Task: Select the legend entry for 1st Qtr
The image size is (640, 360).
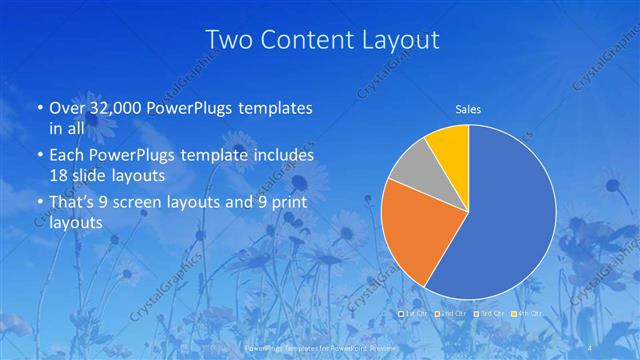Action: pyautogui.click(x=415, y=314)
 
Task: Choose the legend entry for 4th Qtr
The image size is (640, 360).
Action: pyautogui.click(x=527, y=314)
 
